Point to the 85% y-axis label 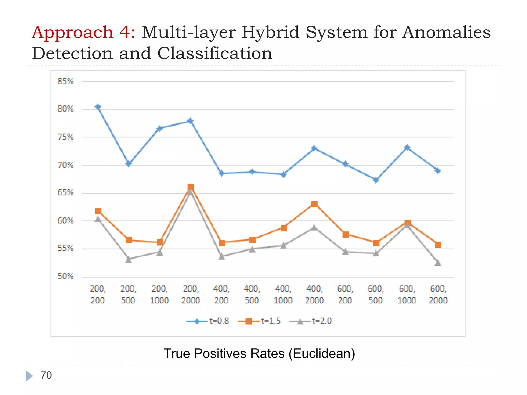click(x=65, y=82)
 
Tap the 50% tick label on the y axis click(x=65, y=276)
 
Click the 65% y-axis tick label click(x=65, y=193)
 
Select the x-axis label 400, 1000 click(x=283, y=294)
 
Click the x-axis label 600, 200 click(x=345, y=294)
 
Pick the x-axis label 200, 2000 click(x=191, y=294)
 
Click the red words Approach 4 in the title click(x=83, y=33)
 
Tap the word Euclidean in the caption click(x=322, y=353)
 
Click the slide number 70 click(x=46, y=375)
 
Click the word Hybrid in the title click(x=270, y=33)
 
